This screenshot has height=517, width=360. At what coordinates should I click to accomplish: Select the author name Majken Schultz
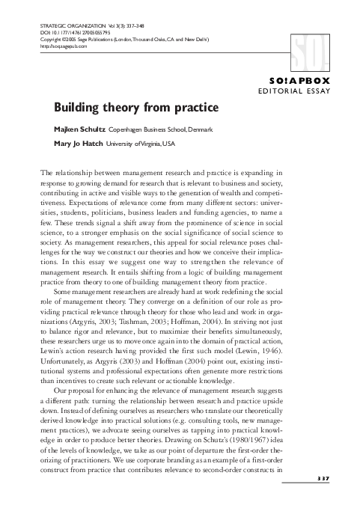click(x=80, y=129)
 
